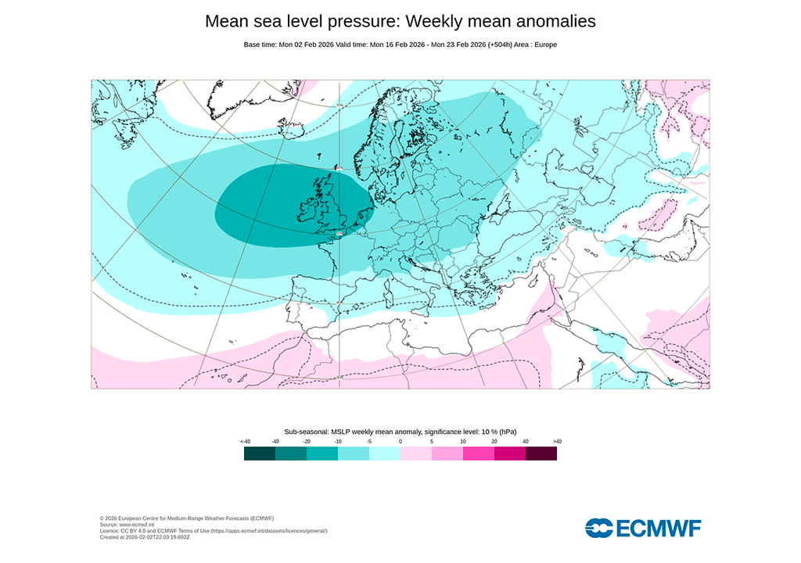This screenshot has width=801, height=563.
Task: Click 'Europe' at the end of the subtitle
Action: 544,45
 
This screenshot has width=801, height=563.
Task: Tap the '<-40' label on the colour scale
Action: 246,442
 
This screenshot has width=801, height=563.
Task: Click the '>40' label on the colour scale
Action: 556,442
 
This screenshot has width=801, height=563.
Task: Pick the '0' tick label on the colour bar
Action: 400,442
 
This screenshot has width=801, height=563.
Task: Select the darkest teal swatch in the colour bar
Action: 260,454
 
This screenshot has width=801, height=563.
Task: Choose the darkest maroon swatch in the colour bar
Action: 541,454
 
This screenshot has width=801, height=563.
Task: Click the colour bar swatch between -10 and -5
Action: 354,454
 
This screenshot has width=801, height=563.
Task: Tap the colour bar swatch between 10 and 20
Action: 479,454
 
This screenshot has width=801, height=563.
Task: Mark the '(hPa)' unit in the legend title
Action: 508,432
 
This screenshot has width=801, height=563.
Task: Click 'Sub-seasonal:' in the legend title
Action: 307,432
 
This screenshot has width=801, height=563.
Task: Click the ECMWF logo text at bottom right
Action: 659,529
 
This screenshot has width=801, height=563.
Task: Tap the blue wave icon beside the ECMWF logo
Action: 598,529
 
